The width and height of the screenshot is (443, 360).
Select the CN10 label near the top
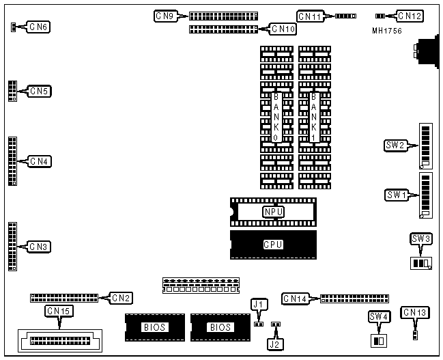[x=283, y=29]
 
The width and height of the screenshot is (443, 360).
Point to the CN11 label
[x=309, y=15]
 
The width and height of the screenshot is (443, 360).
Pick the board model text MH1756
[x=387, y=31]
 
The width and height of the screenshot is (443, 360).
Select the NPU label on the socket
[x=273, y=212]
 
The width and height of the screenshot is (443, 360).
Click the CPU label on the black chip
[x=273, y=244]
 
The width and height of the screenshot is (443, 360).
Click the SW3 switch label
[x=421, y=238]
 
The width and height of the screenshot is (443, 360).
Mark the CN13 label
[x=415, y=313]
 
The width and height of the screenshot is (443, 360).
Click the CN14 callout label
[x=295, y=298]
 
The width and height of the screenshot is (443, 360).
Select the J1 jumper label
[x=257, y=303]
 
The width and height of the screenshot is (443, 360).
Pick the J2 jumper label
[x=274, y=344]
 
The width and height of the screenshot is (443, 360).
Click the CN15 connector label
[x=57, y=311]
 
